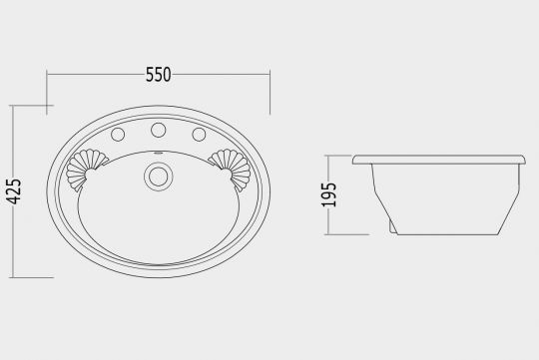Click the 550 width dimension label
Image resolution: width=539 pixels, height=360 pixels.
[x=158, y=75]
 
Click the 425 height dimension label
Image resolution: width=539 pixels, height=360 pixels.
[x=14, y=191]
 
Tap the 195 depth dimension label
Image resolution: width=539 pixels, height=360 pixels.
[x=329, y=194]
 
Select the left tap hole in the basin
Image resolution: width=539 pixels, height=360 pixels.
[x=118, y=135]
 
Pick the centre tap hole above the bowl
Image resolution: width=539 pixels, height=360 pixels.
[x=159, y=130]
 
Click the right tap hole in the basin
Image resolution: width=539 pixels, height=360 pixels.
[x=199, y=135]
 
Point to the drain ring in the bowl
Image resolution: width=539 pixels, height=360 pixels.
[x=159, y=177]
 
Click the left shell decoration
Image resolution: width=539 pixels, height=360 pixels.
[x=86, y=169]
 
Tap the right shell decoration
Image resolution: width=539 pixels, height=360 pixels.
[x=231, y=169]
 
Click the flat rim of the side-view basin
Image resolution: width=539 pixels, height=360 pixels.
[x=439, y=160]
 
